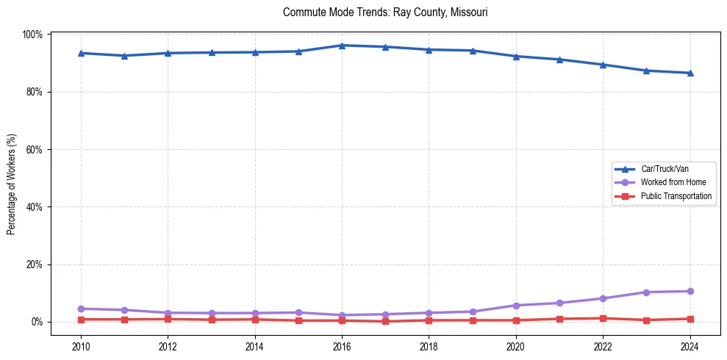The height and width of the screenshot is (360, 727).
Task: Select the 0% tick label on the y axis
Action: click(38, 322)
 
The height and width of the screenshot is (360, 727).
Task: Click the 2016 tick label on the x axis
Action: click(342, 346)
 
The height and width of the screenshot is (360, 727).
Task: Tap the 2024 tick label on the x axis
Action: click(690, 346)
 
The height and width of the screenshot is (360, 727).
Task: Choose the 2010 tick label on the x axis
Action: click(81, 346)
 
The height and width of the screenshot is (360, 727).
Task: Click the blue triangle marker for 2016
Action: click(342, 46)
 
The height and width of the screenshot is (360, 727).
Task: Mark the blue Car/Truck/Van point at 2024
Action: click(690, 73)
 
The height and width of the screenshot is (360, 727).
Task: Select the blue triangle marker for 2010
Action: click(81, 53)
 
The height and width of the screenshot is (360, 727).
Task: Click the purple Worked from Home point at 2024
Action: click(690, 291)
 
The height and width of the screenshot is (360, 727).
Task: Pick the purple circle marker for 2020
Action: click(516, 305)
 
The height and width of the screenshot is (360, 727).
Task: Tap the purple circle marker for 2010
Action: click(81, 309)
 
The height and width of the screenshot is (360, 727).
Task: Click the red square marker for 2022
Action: click(603, 318)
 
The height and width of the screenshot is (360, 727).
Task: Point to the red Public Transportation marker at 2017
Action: click(385, 321)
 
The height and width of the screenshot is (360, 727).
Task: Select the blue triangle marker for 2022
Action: click(603, 65)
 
